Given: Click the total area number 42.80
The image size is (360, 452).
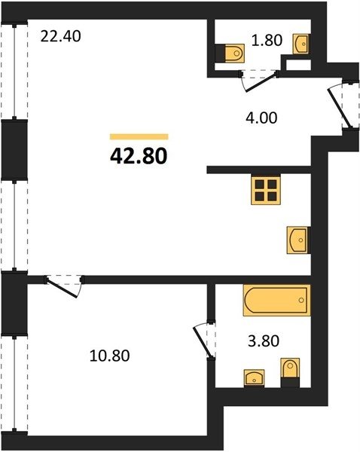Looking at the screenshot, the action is pyautogui.click(x=139, y=156).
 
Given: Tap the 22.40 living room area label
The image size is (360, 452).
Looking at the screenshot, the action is pyautogui.click(x=60, y=37).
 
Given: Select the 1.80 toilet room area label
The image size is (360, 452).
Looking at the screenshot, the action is pyautogui.click(x=267, y=41).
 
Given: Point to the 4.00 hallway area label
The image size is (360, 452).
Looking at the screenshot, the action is pyautogui.click(x=261, y=118).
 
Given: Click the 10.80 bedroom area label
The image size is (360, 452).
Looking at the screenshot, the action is pyautogui.click(x=109, y=356).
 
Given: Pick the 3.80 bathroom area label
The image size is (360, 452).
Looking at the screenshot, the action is pyautogui.click(x=264, y=341).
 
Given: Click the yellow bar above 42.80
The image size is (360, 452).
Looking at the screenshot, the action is pyautogui.click(x=139, y=136).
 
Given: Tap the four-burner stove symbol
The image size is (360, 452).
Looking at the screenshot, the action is pyautogui.click(x=266, y=191).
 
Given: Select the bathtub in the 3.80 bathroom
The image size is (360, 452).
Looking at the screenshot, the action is pyautogui.click(x=276, y=300).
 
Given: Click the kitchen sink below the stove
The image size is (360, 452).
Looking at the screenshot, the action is pyautogui.click(x=298, y=240).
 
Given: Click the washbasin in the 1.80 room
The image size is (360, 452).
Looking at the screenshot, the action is pyautogui.click(x=301, y=44).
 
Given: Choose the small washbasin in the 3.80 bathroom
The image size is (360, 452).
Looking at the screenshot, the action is pyautogui.click(x=255, y=378).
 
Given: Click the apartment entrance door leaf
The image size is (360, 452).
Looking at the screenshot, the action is pyautogui.click(x=340, y=108).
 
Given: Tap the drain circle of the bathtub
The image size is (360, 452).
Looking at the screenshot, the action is pyautogui.click(x=301, y=300).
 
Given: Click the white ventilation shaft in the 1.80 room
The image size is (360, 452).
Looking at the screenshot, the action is pyautogui.click(x=298, y=65).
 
